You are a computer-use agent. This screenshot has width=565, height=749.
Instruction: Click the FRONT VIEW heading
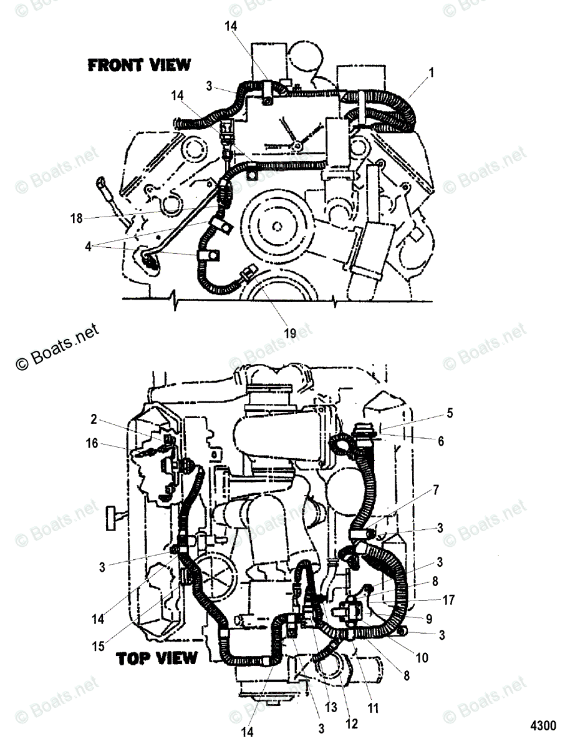point(138,66)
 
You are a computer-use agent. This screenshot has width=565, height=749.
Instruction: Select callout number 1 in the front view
point(430,73)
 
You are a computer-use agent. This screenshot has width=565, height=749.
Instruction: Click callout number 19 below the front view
point(290,333)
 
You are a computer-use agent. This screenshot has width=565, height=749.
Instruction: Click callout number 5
point(449,413)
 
